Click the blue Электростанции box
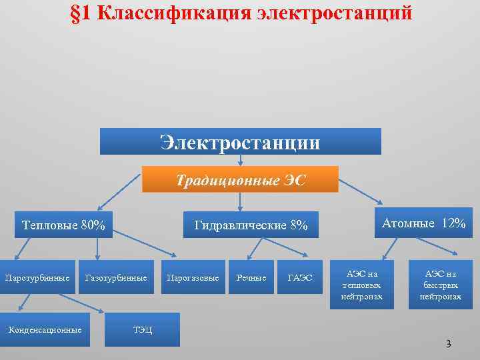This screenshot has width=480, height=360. pos(240,142)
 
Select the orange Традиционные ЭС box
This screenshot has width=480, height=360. pos(241,180)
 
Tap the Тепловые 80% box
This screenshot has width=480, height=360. pos(63,225)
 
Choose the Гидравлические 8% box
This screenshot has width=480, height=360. pos(251,225)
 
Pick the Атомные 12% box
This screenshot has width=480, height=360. pos(424,223)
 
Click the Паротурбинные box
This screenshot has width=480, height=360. pos(37,277)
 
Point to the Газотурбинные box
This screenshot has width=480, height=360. pos(116,277)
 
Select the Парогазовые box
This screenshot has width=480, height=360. pos(193,277)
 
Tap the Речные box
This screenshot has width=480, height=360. pos(251,277)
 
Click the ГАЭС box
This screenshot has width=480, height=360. pos(299,277)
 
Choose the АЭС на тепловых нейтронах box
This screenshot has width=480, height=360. pos(362,284)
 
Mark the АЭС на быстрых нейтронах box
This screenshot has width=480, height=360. pos(441,284)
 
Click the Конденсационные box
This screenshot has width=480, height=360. pos(45,329)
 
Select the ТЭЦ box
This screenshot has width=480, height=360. pos(142,329)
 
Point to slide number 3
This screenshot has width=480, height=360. pos(448,344)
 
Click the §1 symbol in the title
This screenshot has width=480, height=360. pos(81,13)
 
